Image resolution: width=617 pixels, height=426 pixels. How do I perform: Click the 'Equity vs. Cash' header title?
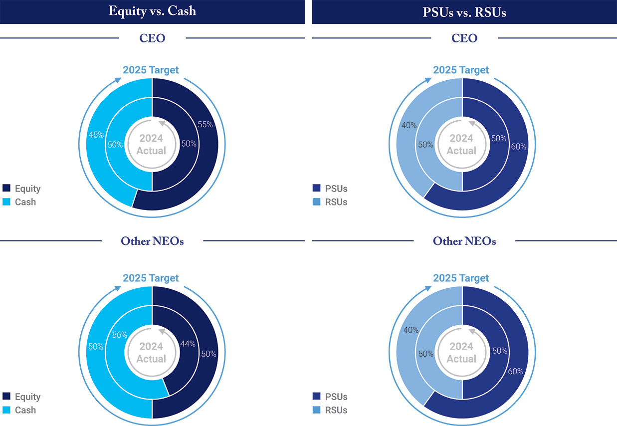(x=152, y=11)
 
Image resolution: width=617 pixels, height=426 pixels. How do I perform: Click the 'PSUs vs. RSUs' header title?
(x=464, y=12)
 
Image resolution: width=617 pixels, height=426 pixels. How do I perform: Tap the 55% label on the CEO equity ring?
(x=206, y=125)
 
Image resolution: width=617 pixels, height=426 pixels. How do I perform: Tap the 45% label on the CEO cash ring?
(x=96, y=134)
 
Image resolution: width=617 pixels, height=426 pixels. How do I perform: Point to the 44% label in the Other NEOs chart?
(x=188, y=343)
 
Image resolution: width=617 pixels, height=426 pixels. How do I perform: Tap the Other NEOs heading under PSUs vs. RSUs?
(x=464, y=241)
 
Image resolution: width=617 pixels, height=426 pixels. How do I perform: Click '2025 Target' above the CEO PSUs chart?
(x=461, y=70)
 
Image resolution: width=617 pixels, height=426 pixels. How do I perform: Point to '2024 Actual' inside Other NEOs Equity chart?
(x=152, y=353)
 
